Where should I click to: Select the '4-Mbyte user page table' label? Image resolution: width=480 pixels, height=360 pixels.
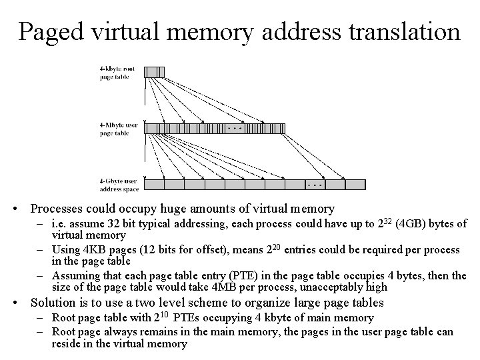pyautogui.click(x=119, y=129)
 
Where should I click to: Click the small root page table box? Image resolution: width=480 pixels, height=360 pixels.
pyautogui.click(x=153, y=71)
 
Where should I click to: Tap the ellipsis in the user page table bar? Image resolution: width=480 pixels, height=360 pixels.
pyautogui.click(x=235, y=127)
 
